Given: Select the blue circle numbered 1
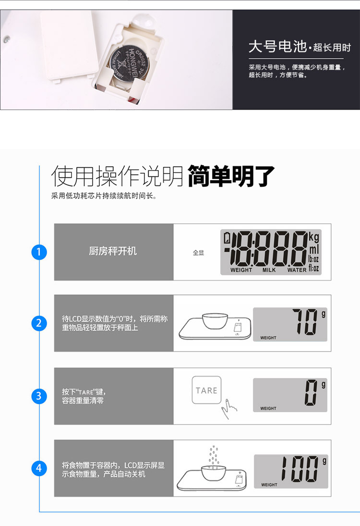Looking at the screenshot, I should (39, 252).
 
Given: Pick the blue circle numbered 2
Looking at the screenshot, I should (39, 323).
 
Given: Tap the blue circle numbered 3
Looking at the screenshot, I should (39, 396).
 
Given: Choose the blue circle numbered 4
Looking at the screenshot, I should (39, 468).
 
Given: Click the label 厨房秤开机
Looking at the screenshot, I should (113, 251).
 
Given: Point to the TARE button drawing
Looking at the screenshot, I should (206, 390).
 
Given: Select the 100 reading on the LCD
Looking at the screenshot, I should (299, 469).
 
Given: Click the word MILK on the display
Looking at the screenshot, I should (269, 270).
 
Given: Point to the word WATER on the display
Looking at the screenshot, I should (297, 270).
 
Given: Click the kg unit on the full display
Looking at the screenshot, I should (313, 237).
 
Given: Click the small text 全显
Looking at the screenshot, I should (198, 253).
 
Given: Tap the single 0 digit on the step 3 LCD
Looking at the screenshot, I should (311, 393).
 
